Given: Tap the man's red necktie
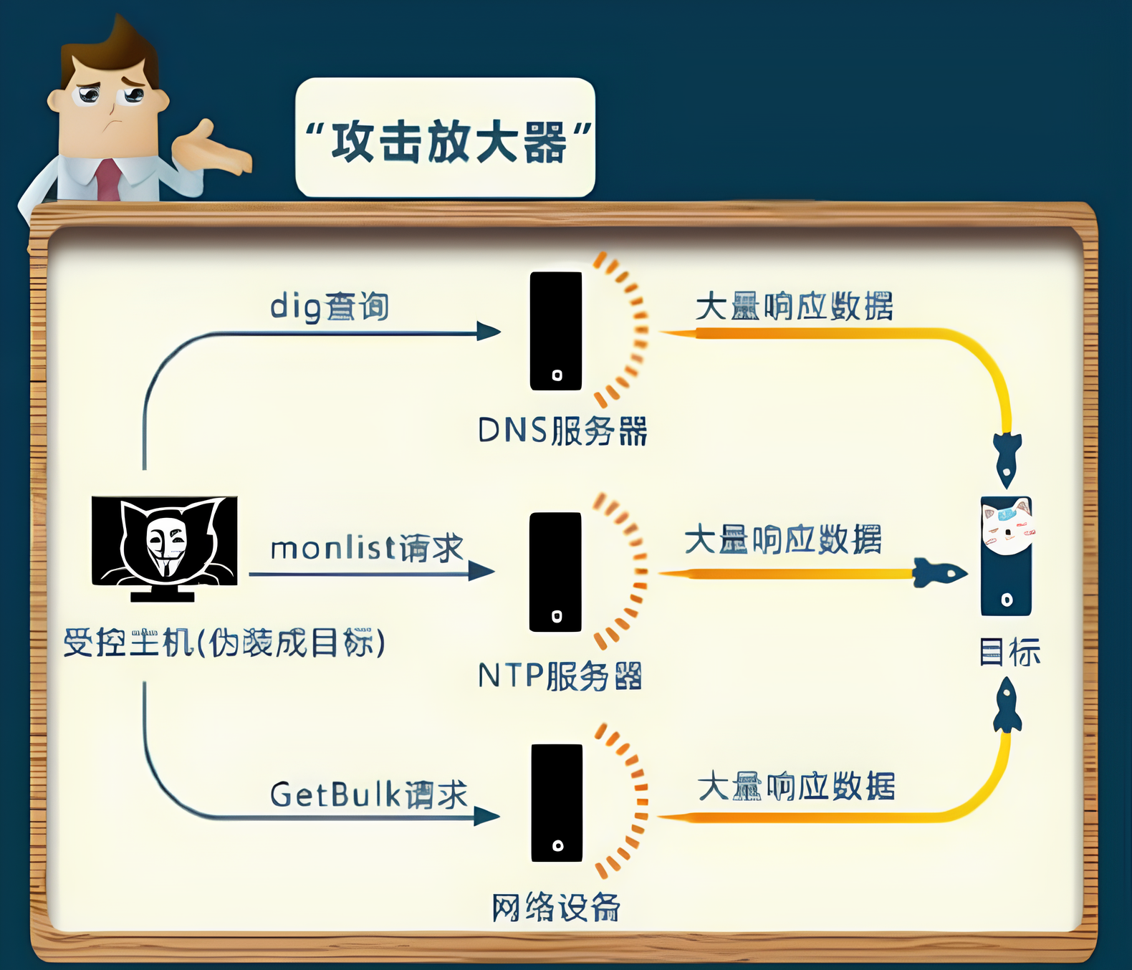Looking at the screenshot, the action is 108,180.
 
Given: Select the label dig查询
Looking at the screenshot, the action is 330,307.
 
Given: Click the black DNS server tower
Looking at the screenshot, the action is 556,331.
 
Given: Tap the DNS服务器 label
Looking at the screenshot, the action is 562,431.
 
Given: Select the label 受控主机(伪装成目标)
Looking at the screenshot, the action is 224,643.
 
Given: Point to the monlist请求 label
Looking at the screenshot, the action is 367,549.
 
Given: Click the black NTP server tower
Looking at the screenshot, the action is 555,572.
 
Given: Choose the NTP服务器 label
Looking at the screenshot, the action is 560,676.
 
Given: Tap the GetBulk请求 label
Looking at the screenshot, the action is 368,794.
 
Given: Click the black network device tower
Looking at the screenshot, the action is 557,802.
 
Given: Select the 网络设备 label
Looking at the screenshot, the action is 556,908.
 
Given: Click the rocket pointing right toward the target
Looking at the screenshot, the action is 939,573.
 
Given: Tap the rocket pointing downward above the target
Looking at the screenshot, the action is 1007,458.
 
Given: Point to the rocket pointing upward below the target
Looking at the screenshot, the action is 1007,706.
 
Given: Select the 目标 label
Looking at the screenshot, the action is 1009,653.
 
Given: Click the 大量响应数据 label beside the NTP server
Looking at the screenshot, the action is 783,539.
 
